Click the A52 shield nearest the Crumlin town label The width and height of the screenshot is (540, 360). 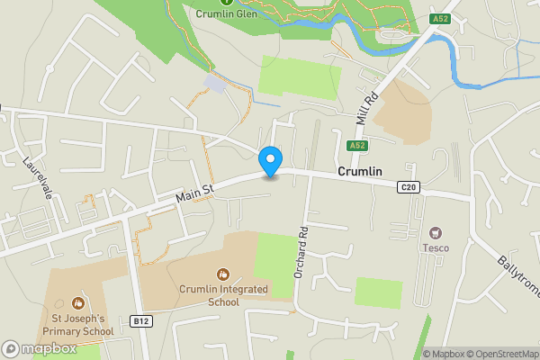tap(357, 145)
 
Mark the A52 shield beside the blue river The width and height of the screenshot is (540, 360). tap(439, 19)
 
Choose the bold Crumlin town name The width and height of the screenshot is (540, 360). tap(360, 171)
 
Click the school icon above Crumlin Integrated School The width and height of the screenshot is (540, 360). tap(222, 274)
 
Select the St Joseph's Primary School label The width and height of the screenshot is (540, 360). tap(76, 324)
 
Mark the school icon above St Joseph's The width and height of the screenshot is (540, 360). tap(76, 303)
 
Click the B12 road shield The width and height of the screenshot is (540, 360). tap(139, 321)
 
